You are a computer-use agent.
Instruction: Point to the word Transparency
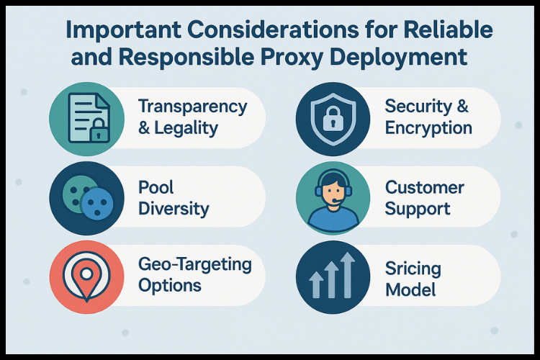[x=192, y=107]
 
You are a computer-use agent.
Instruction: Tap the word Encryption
[x=428, y=130]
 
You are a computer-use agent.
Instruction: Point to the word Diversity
[x=174, y=210]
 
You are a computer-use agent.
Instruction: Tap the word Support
[x=417, y=210]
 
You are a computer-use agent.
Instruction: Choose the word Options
[x=170, y=286]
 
